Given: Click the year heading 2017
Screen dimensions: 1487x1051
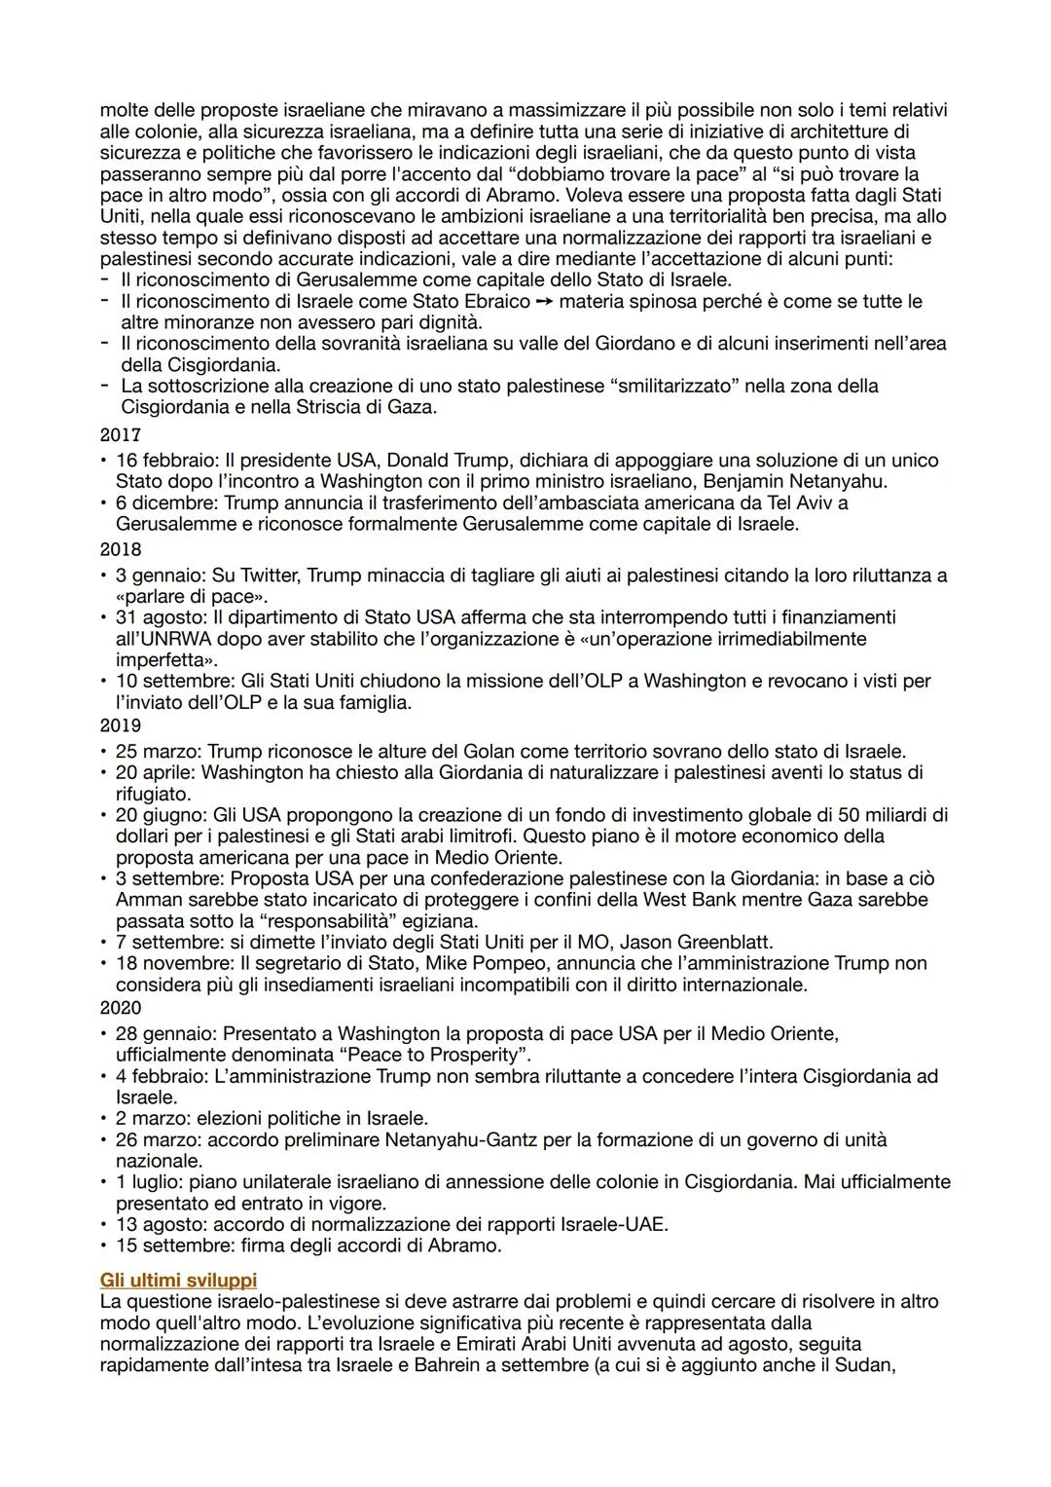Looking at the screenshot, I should (x=121, y=435).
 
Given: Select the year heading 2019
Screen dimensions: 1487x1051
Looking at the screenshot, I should (x=121, y=725).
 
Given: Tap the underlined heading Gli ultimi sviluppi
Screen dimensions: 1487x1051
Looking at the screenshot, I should (x=178, y=1280).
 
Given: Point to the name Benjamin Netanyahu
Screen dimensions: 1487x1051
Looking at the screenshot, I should (x=793, y=481).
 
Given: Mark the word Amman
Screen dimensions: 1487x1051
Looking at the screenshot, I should (x=145, y=899).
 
